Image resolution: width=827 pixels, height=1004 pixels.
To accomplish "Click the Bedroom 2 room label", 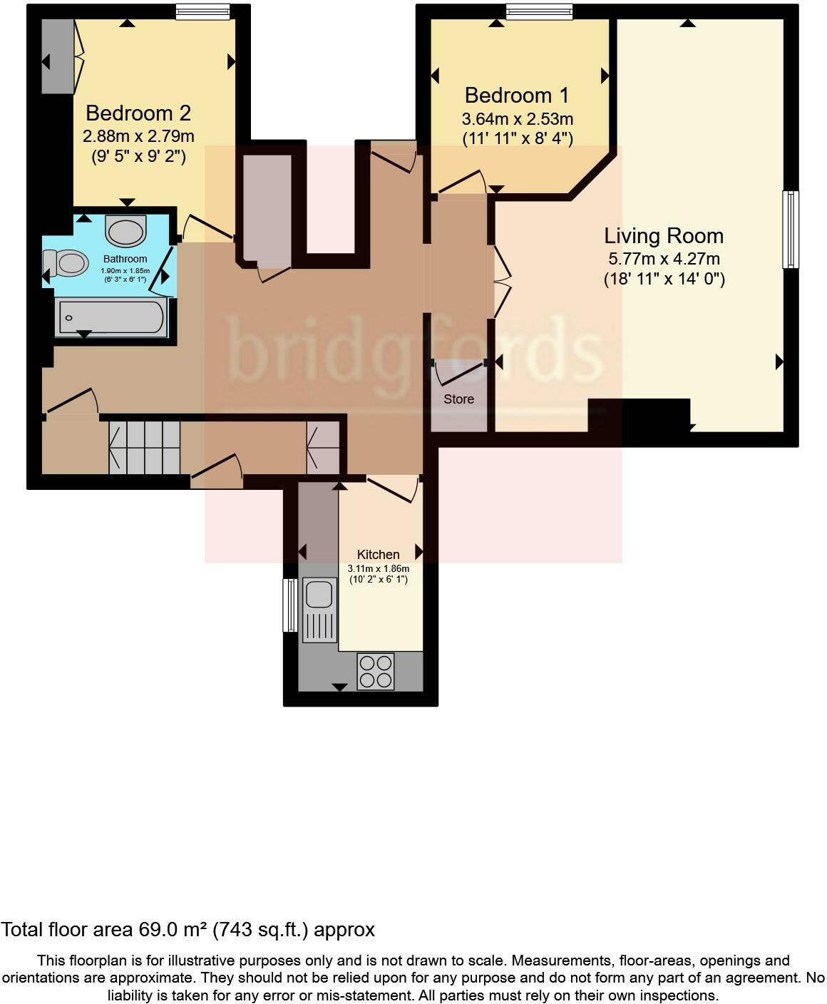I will click(x=138, y=113).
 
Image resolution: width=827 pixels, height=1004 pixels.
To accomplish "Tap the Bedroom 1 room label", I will click(x=518, y=96).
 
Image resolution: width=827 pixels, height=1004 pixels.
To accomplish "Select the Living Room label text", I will click(x=664, y=236).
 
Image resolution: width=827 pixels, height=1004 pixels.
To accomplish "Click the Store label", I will click(x=458, y=399).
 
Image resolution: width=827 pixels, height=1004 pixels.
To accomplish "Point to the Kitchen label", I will click(x=378, y=555).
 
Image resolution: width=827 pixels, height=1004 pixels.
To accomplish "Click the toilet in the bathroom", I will click(x=66, y=263).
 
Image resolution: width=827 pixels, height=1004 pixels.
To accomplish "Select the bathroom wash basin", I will click(x=125, y=230).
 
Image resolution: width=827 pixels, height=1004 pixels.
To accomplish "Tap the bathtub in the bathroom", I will click(x=112, y=316).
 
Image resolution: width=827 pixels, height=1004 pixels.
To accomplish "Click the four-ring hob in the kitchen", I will click(x=376, y=671).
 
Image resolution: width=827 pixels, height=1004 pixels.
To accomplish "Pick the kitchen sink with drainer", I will click(x=319, y=610).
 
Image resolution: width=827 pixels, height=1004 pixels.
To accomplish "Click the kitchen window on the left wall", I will click(x=289, y=605).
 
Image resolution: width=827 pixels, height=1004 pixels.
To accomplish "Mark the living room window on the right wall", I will click(x=790, y=230).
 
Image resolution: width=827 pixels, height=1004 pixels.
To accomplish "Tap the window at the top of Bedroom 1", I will click(x=539, y=11).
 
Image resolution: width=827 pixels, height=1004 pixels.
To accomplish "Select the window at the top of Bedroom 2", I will click(x=203, y=11).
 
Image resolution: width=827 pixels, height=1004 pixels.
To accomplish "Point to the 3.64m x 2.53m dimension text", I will click(x=518, y=118).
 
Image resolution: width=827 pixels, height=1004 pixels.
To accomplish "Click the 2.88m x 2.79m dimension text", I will click(x=138, y=135).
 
